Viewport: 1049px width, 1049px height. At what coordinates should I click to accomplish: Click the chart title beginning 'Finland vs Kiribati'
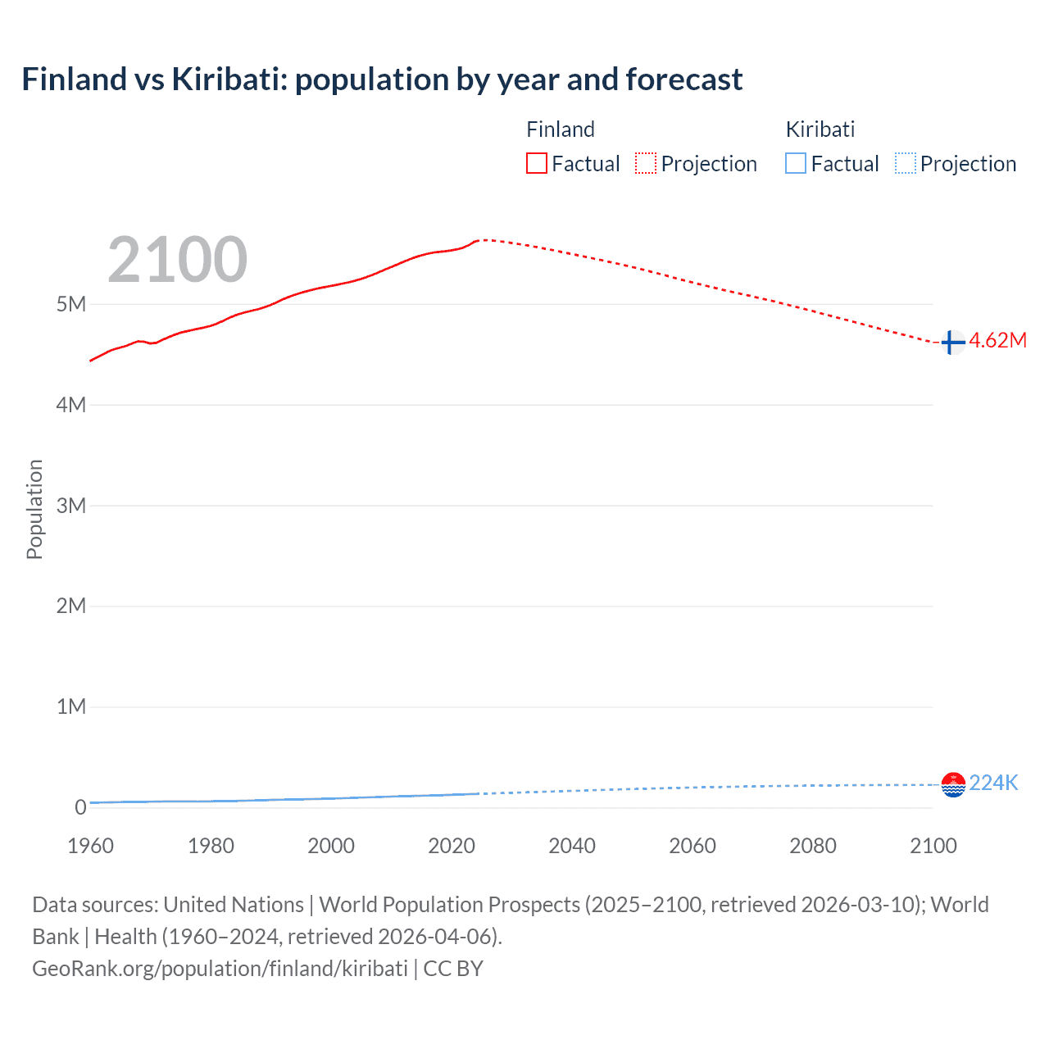click(382, 79)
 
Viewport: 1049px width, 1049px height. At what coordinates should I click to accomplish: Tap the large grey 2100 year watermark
click(177, 260)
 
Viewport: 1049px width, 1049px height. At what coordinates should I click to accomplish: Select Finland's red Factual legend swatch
click(536, 164)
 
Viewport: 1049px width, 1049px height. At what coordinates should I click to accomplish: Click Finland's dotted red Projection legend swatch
click(646, 164)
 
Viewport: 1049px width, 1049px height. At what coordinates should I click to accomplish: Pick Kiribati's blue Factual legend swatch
click(795, 164)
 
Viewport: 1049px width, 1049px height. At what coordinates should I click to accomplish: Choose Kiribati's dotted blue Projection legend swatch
click(905, 164)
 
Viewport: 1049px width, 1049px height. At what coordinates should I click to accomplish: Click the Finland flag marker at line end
click(952, 343)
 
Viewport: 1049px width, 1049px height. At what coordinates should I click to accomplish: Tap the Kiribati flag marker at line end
click(953, 785)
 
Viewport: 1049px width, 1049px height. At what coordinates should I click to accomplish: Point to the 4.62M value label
click(997, 341)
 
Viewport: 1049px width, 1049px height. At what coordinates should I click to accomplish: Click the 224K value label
click(993, 783)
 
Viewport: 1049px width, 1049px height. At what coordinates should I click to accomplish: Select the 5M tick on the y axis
click(71, 304)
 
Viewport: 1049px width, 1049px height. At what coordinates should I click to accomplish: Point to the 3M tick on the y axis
click(71, 506)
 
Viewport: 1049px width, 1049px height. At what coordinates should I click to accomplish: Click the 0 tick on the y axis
click(80, 807)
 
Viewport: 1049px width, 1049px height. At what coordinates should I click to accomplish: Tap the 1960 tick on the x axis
click(90, 846)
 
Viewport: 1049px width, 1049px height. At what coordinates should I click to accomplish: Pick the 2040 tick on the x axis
click(572, 846)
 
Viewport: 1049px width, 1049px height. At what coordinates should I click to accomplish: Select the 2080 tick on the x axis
click(813, 846)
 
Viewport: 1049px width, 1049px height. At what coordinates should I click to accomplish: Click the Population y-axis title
click(34, 509)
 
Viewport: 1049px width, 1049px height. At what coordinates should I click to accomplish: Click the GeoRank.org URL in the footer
click(220, 969)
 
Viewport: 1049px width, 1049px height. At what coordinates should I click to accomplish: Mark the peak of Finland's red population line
click(482, 240)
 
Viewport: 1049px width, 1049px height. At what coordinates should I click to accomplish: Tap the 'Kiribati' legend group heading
click(820, 129)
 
